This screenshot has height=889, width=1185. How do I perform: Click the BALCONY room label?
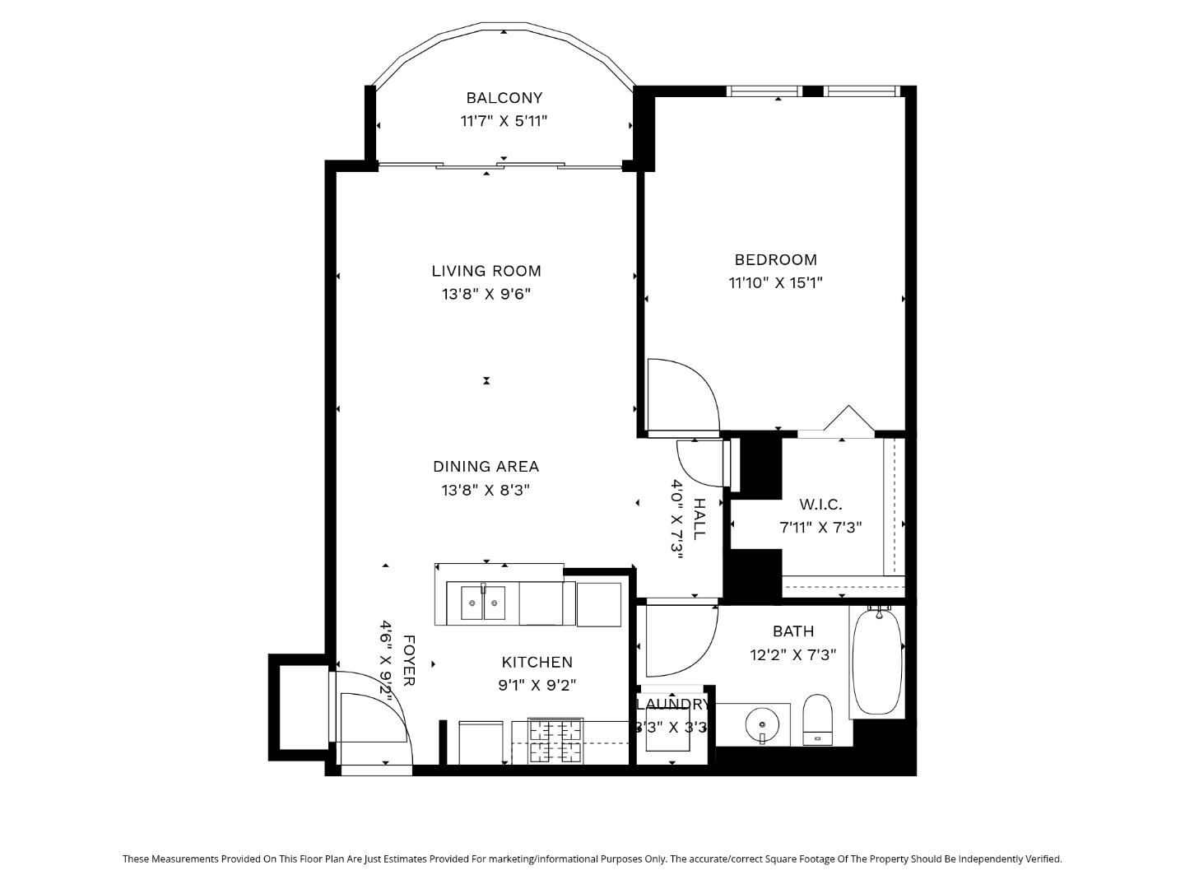point(504,98)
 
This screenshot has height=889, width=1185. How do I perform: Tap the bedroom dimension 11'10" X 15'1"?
point(775,283)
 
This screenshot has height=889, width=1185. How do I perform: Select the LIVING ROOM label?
point(486,271)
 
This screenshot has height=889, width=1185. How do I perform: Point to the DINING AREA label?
point(486,467)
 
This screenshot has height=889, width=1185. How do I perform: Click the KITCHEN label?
point(537,662)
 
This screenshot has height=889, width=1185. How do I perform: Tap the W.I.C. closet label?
point(820,505)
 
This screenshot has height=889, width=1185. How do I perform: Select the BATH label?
point(793,631)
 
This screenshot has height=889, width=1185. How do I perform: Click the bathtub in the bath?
point(877,661)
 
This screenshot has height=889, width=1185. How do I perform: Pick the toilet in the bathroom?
point(817,719)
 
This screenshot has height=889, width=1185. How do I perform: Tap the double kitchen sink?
point(482,603)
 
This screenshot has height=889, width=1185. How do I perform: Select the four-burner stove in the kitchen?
point(555,741)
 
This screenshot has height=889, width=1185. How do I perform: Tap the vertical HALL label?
point(699,519)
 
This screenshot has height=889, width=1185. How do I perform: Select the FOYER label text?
point(409,660)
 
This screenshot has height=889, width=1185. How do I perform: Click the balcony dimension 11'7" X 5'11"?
point(504,122)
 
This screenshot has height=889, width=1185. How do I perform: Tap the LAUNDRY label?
point(672,705)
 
